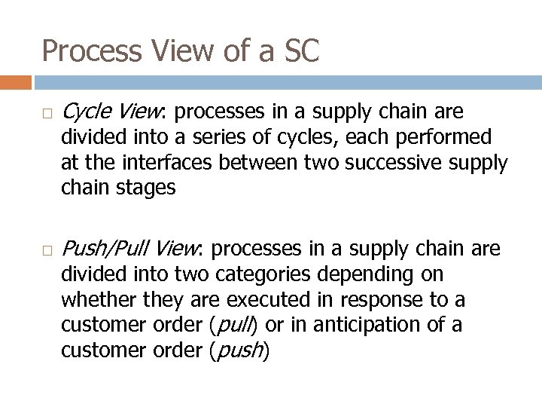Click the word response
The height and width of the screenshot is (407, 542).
(376, 299)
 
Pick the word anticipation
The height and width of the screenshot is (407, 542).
(381, 324)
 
